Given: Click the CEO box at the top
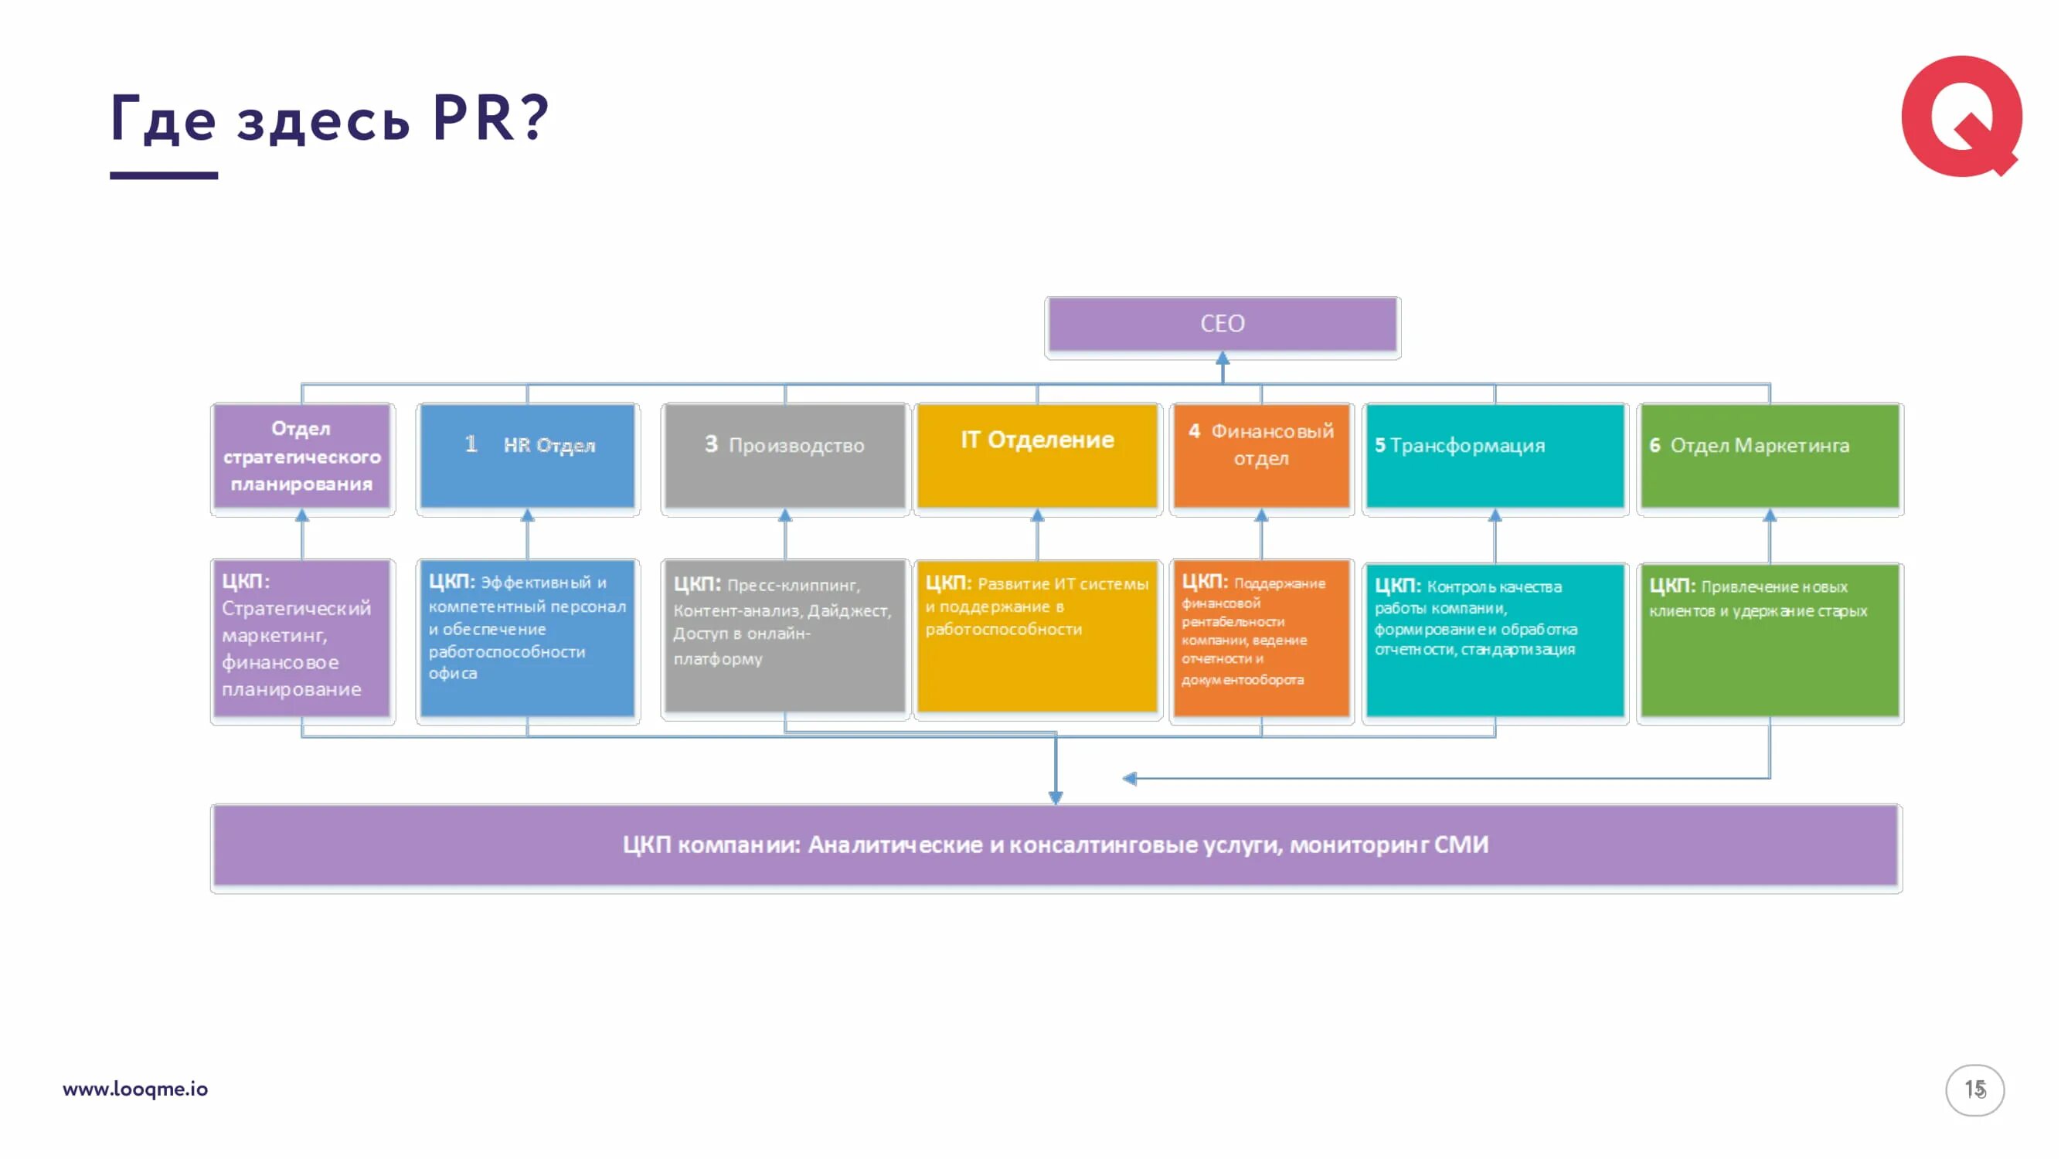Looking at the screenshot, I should point(1222,324).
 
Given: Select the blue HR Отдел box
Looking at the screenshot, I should point(527,456).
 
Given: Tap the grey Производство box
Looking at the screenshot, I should point(785,456).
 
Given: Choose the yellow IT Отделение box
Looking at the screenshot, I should point(1037,456).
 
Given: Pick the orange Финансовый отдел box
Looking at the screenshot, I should point(1261,456).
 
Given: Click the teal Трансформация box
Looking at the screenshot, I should point(1495,456).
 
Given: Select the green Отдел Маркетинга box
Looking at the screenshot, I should point(1769,456).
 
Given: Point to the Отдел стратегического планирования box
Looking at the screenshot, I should point(301,456).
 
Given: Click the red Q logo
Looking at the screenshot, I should point(1961,116).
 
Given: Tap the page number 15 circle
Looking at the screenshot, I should point(1974,1089).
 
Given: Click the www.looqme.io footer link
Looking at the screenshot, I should point(135,1089).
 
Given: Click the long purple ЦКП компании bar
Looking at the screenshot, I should point(1056,845).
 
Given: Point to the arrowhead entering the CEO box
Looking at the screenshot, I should point(1223,359).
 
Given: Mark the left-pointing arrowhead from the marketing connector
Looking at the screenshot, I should point(1130,778).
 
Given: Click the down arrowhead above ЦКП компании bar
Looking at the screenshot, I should point(1056,797).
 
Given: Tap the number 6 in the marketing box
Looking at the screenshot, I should point(1655,446).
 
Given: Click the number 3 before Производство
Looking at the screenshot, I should point(710,445).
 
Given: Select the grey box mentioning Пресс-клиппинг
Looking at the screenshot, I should point(785,637).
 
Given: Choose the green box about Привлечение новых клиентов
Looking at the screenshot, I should point(1769,641).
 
